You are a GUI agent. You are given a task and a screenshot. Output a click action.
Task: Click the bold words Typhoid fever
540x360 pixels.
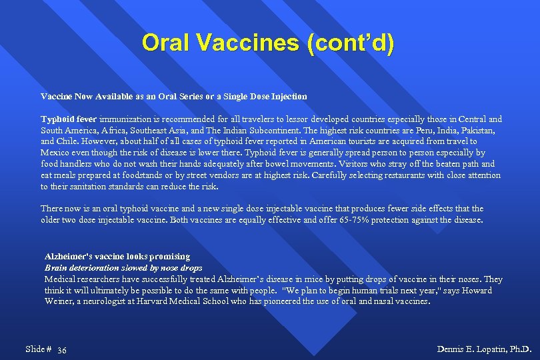pyautogui.click(x=69, y=119)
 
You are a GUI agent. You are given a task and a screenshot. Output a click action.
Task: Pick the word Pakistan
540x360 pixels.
pyautogui.click(x=477, y=131)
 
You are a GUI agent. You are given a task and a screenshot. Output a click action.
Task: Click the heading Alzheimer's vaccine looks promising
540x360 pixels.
pyautogui.click(x=117, y=257)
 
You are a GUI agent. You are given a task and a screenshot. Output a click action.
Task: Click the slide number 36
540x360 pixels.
pyautogui.click(x=62, y=350)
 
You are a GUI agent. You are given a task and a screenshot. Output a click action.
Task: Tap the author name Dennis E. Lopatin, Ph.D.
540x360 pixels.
pyautogui.click(x=484, y=349)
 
